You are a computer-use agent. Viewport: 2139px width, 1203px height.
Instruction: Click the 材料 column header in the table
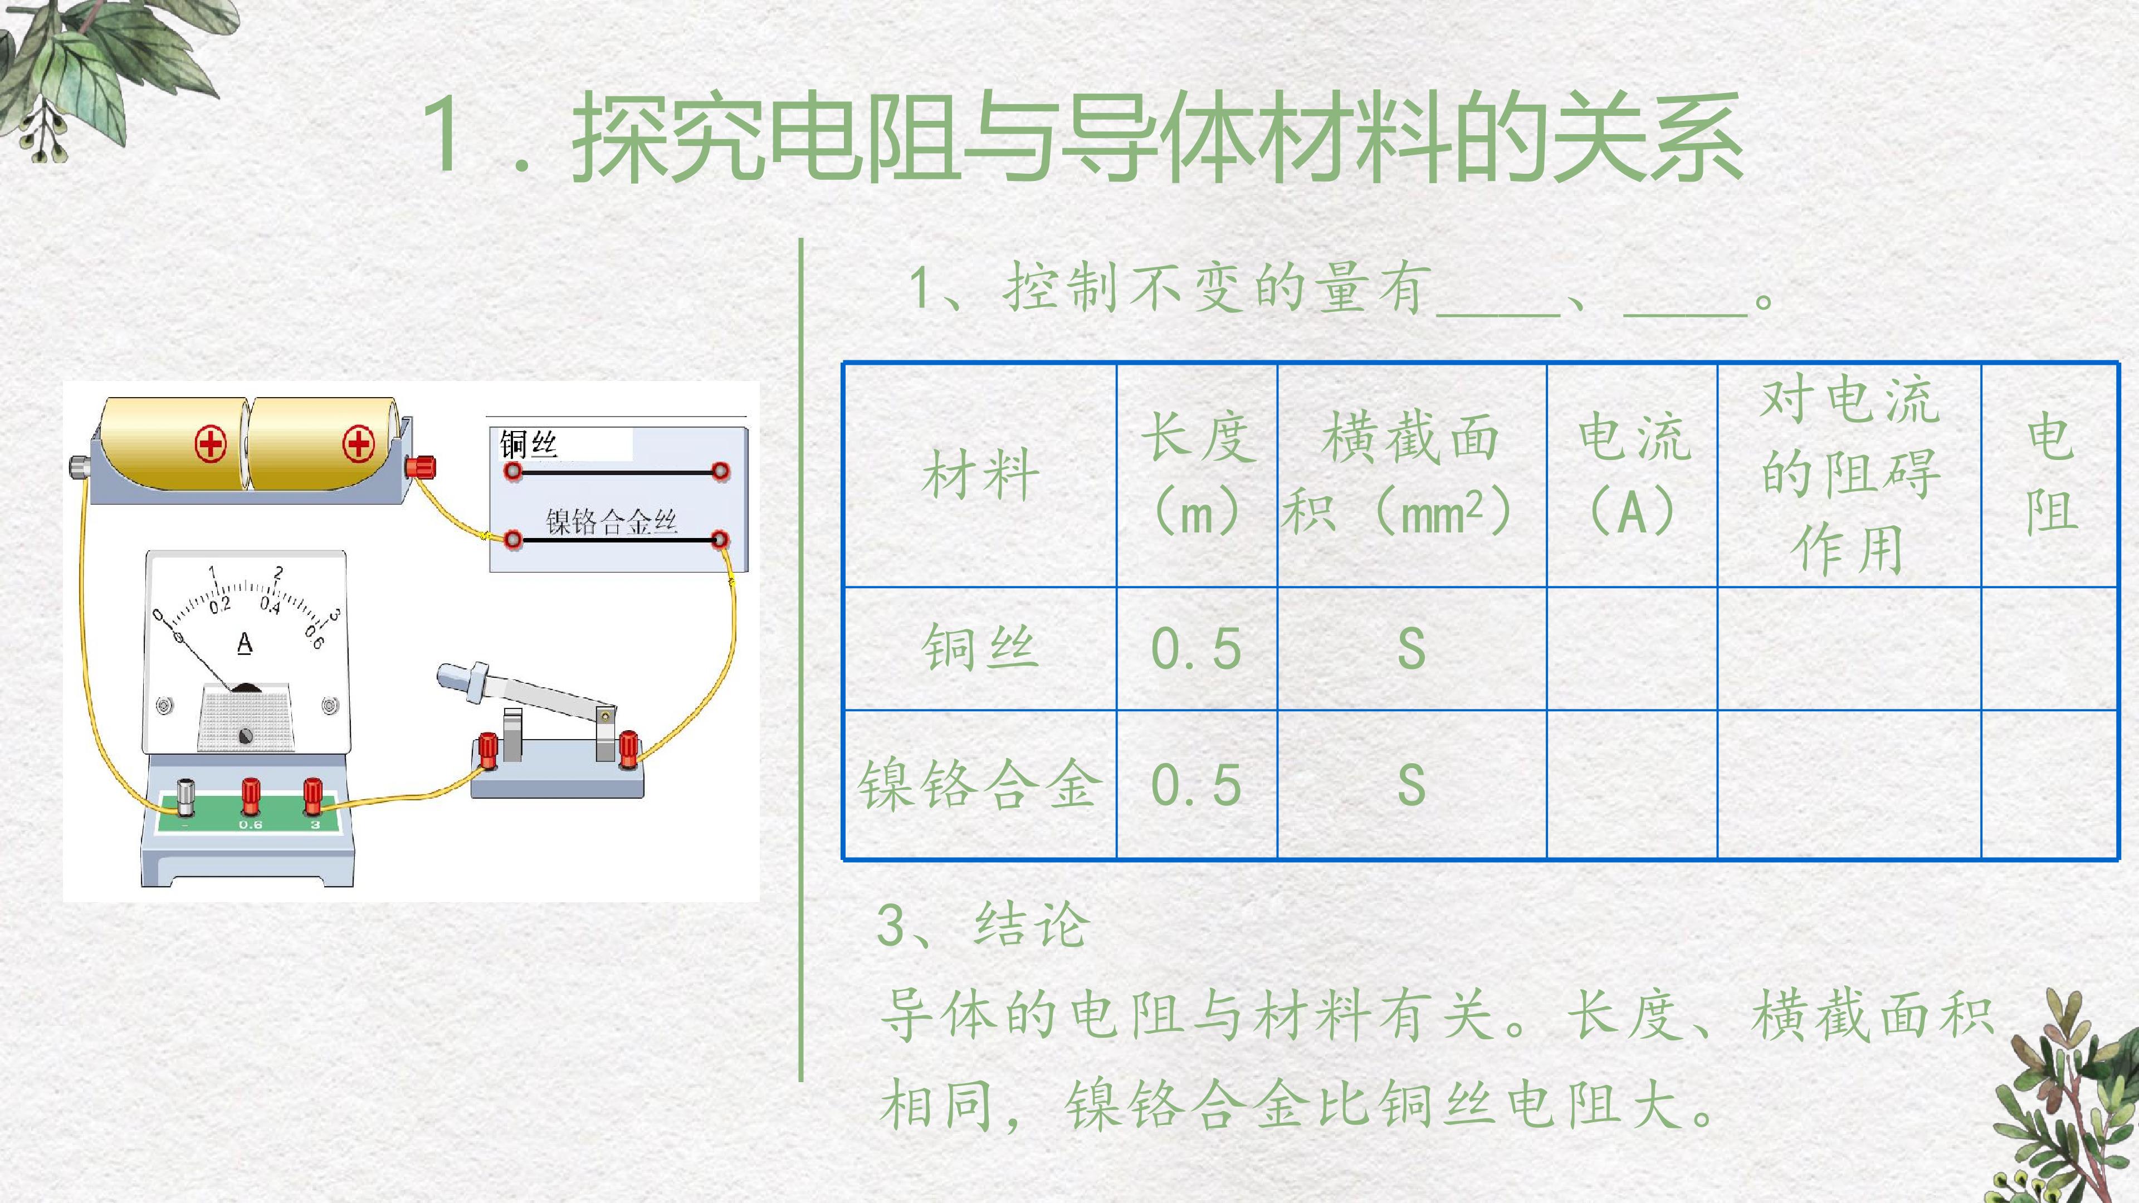[x=980, y=475]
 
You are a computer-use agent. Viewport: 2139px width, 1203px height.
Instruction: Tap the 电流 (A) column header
[x=1633, y=475]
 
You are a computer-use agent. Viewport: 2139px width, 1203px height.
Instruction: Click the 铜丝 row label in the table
[x=980, y=648]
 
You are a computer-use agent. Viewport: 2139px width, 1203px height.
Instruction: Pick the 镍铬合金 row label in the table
[x=980, y=785]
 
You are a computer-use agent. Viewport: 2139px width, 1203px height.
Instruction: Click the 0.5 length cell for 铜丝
[x=1197, y=648]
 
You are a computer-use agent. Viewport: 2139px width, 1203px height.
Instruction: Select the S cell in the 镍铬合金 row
[x=1412, y=785]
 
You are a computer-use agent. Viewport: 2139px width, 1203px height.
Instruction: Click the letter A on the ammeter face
[x=244, y=643]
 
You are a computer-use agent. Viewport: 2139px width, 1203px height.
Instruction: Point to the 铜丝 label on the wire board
[x=528, y=446]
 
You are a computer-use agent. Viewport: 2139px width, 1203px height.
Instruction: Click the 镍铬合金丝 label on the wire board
[x=612, y=521]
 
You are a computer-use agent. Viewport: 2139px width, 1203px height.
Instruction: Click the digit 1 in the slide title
[x=445, y=134]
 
